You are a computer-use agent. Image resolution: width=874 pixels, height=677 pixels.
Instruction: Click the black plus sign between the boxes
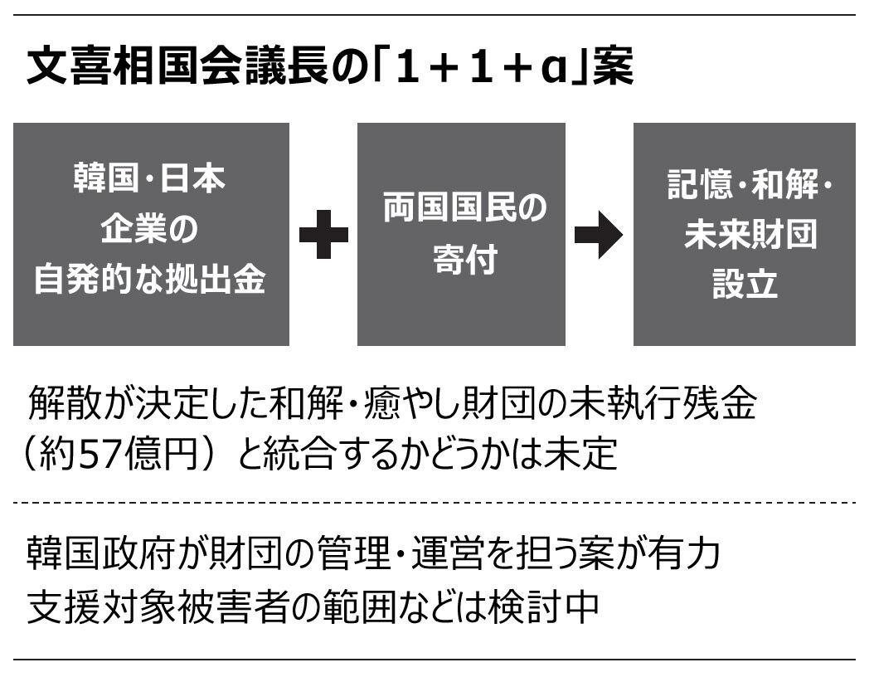click(x=323, y=235)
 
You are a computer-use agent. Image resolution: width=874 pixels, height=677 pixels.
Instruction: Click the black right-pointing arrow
click(x=598, y=235)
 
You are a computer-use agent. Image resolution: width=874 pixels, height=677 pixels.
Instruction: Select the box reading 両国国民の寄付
click(x=461, y=234)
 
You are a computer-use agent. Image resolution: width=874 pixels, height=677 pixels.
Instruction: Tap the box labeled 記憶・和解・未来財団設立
click(x=744, y=234)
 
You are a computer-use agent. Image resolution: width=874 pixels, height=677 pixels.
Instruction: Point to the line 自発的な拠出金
click(x=149, y=280)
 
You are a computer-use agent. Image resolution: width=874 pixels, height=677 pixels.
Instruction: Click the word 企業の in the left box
click(x=149, y=230)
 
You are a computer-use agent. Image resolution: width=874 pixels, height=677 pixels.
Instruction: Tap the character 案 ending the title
click(x=613, y=68)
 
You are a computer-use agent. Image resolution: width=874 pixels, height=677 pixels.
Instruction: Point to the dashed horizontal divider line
click(x=435, y=502)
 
